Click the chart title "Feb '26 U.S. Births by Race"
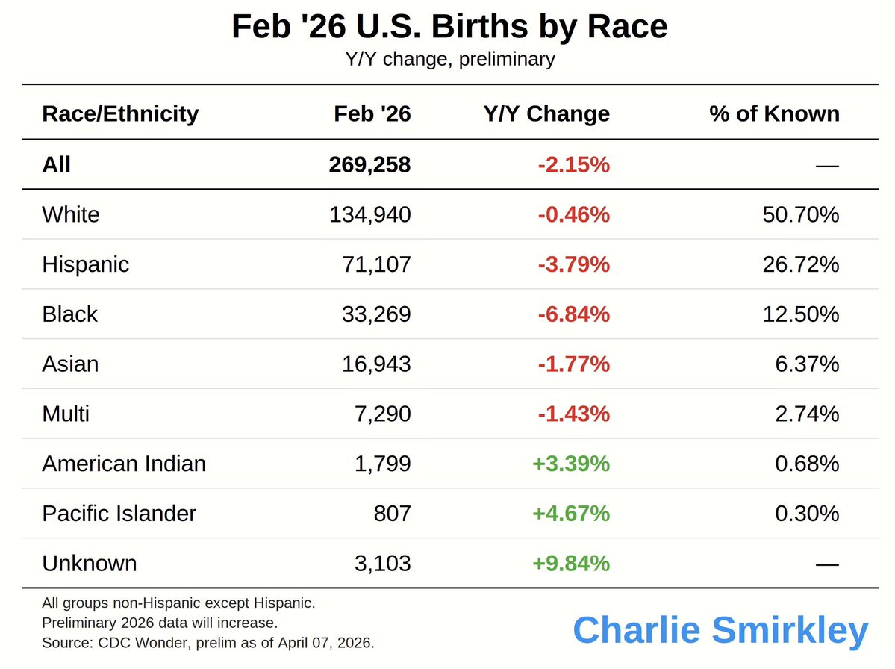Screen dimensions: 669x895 [449, 27]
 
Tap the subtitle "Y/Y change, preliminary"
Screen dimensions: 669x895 [449, 59]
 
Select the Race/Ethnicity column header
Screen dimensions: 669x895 [120, 113]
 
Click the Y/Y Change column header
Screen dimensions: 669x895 [546, 113]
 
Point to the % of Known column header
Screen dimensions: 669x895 [774, 113]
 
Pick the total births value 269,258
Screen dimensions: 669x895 [369, 164]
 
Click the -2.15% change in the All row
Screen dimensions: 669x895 [573, 164]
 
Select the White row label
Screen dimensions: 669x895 [71, 214]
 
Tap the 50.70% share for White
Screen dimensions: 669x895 [801, 214]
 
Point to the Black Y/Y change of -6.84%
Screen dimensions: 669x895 [573, 314]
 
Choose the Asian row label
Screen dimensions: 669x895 [70, 364]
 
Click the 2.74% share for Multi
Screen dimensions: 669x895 [807, 414]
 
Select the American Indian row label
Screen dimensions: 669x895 [124, 464]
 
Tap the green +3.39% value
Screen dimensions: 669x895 [571, 464]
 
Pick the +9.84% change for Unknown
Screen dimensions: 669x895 [571, 563]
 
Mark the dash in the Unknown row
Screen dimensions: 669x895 [827, 564]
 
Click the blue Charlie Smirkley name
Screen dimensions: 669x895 [720, 630]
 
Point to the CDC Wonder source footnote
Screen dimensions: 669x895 [208, 642]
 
